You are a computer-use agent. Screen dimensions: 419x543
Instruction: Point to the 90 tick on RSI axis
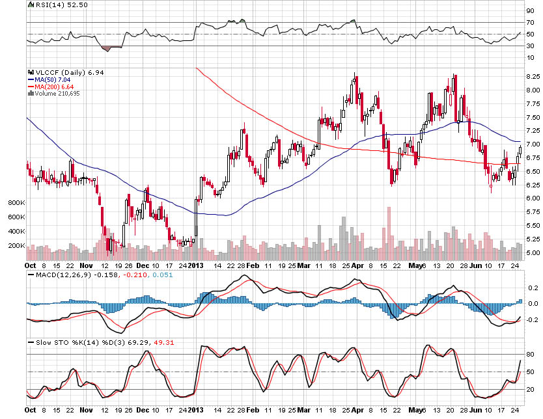(x=530, y=10)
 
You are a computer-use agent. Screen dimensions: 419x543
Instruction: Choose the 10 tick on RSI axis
(x=530, y=57)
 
